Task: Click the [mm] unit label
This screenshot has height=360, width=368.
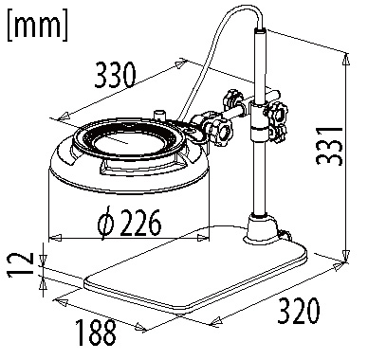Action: click(37, 25)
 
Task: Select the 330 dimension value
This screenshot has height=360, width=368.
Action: click(116, 75)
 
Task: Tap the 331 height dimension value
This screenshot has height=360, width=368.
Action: click(329, 146)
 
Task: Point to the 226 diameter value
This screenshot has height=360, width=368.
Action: click(140, 223)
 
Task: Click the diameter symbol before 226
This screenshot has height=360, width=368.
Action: click(105, 223)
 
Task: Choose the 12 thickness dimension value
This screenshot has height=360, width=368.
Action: click(20, 264)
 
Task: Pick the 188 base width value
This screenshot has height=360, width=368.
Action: click(96, 333)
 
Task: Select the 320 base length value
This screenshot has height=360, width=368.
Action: click(299, 311)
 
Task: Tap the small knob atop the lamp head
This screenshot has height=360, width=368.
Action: click(159, 115)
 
